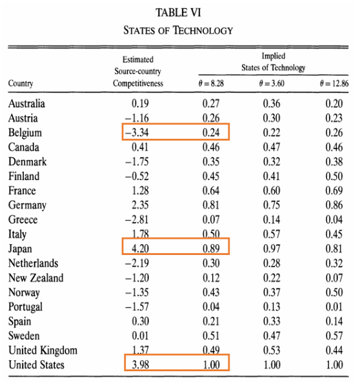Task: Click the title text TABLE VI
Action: [178, 13]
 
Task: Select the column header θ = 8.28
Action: [211, 83]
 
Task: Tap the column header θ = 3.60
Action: [272, 83]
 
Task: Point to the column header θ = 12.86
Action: [334, 83]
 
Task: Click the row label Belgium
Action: [25, 133]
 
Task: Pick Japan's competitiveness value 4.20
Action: [140, 249]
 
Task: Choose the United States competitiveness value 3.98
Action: [141, 365]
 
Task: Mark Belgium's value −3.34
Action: [137, 132]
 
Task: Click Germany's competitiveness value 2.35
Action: [140, 205]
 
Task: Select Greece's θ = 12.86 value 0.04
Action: [334, 220]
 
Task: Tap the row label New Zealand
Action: [36, 278]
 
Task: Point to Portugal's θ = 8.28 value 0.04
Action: [211, 307]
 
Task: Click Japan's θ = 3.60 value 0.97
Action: [272, 249]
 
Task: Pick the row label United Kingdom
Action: [43, 351]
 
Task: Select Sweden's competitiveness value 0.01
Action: [140, 336]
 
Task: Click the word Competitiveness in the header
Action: [138, 83]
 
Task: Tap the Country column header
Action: [21, 83]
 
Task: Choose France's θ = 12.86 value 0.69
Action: [334, 190]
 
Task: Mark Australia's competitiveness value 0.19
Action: [140, 104]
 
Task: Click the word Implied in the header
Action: [274, 56]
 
